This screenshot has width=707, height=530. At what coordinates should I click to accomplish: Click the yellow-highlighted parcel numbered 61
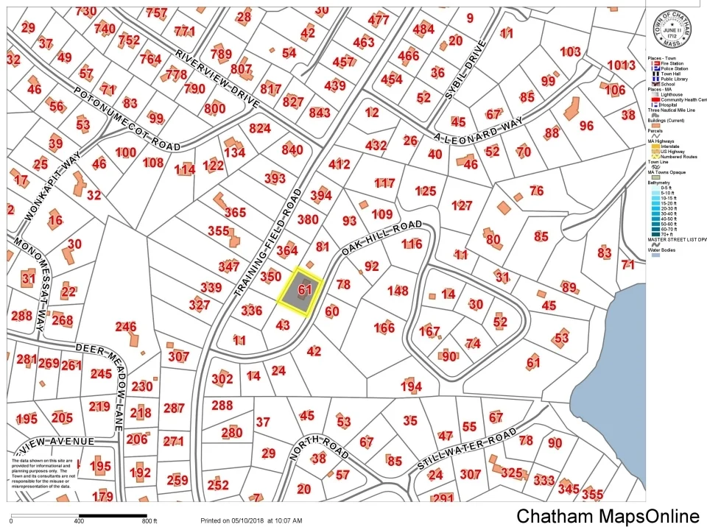coord(300,291)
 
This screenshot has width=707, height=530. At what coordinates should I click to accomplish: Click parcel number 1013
coord(621,65)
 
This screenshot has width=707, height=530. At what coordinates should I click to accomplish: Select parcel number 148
coord(398,291)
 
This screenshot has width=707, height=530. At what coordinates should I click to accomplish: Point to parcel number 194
coord(411,386)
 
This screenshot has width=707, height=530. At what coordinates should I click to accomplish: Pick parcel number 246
coord(126,326)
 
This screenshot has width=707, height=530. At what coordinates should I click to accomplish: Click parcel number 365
coord(235,213)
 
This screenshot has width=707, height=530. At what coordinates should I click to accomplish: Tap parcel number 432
coord(376,146)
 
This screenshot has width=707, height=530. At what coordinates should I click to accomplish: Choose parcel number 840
coord(292,150)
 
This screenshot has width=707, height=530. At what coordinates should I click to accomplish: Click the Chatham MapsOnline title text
coord(608,516)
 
